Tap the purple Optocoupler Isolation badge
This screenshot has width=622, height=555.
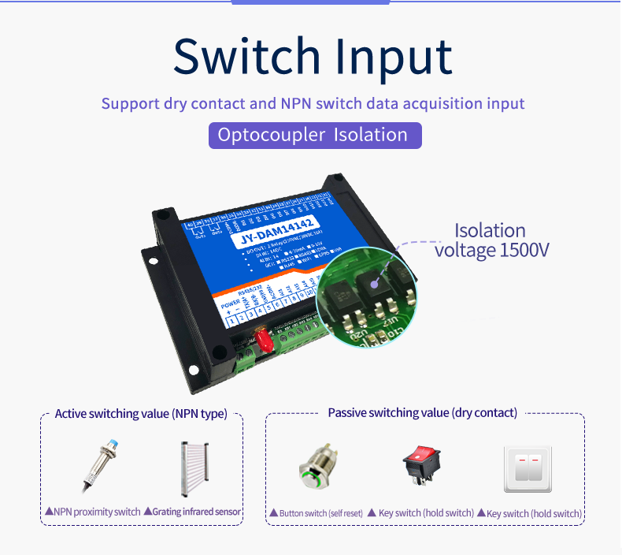(x=314, y=135)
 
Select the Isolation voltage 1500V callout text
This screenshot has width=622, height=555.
(x=491, y=240)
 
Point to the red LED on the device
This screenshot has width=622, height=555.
(x=263, y=341)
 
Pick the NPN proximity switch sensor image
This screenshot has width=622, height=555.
(x=102, y=464)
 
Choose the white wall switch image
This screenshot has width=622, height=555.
(x=528, y=469)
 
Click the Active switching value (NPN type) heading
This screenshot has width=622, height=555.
(x=141, y=414)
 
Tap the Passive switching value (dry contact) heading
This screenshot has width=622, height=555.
(x=422, y=413)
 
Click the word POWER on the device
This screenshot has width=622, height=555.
(x=230, y=303)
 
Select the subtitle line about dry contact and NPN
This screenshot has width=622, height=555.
(x=313, y=103)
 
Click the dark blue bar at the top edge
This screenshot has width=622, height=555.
(x=311, y=2)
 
